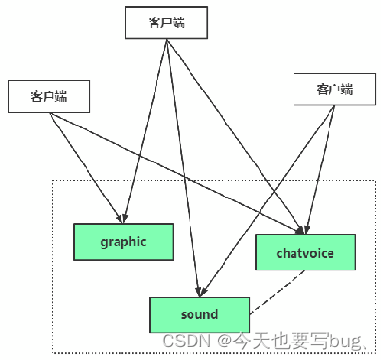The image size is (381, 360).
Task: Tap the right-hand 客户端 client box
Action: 333,91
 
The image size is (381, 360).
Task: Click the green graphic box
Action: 123,240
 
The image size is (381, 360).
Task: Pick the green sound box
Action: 198,315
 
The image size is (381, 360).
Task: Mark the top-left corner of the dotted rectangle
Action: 52,180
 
